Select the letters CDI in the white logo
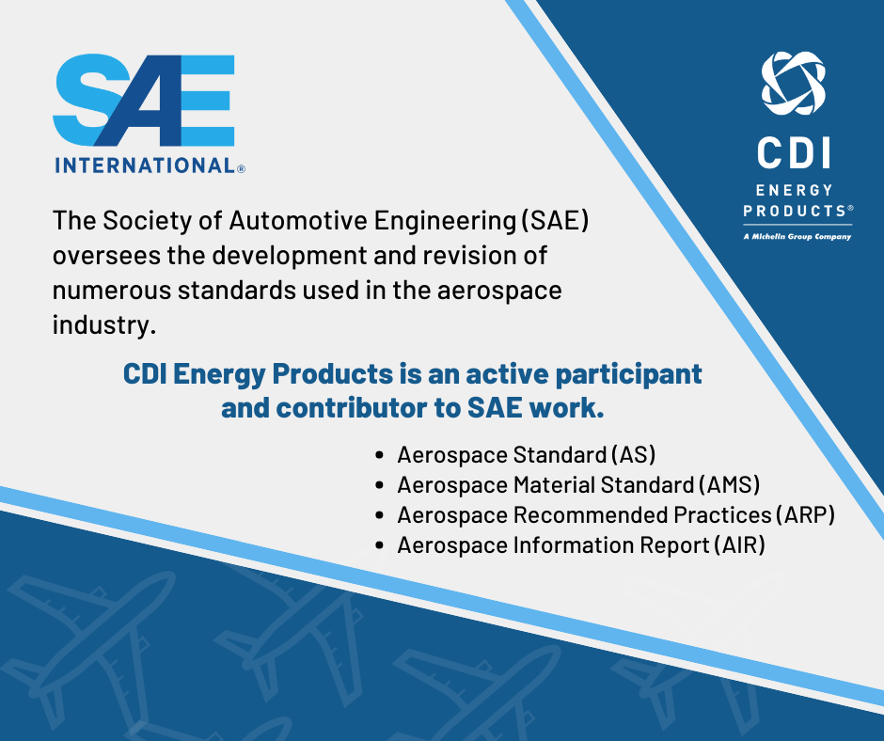click(795, 154)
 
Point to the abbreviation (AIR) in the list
click(739, 545)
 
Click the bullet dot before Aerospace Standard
click(379, 456)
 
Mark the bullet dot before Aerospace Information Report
click(379, 546)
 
